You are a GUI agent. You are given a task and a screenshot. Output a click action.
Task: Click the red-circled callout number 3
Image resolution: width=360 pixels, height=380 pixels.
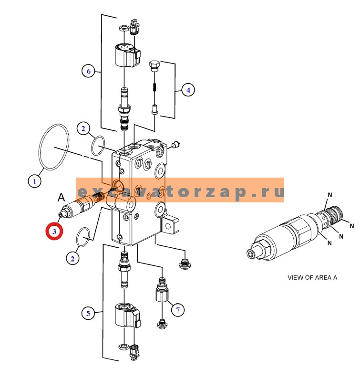pyautogui.click(x=54, y=232)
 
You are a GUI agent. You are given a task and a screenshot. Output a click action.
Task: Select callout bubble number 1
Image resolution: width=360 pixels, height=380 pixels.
pyautogui.click(x=34, y=181)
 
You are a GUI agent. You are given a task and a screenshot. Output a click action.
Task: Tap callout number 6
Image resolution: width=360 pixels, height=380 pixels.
pyautogui.click(x=88, y=71)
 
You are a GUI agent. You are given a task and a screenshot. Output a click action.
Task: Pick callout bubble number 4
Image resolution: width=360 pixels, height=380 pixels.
pyautogui.click(x=188, y=90)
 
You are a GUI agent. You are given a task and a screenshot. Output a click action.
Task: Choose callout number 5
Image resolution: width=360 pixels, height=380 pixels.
pyautogui.click(x=88, y=313)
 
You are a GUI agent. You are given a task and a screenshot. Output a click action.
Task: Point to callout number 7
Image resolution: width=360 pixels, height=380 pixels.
pyautogui.click(x=178, y=310)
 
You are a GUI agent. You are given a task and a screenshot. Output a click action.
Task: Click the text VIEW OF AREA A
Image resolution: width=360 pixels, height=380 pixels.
pyautogui.click(x=312, y=277)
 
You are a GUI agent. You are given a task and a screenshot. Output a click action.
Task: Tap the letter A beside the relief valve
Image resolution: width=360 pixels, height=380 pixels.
pyautogui.click(x=61, y=198)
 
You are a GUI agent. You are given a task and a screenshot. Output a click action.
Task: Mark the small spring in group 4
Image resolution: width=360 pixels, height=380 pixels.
pyautogui.click(x=154, y=87)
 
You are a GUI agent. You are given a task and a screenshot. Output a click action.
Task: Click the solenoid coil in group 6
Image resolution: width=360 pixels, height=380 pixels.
pyautogui.click(x=128, y=54)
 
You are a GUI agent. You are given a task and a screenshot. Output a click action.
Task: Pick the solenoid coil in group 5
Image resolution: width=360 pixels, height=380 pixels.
pyautogui.click(x=128, y=315)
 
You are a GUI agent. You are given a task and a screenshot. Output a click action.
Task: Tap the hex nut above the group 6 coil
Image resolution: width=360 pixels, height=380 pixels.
pyautogui.click(x=124, y=28)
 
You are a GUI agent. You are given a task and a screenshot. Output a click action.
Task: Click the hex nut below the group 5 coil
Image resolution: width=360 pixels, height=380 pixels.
pyautogui.click(x=123, y=346)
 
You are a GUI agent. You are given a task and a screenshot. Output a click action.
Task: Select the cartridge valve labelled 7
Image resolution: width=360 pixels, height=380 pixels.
pyautogui.click(x=162, y=289)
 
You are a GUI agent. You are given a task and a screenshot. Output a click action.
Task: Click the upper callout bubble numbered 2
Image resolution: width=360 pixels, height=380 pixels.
pyautogui.click(x=83, y=128)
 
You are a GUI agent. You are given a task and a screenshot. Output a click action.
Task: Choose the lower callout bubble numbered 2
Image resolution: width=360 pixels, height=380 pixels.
pyautogui.click(x=72, y=259)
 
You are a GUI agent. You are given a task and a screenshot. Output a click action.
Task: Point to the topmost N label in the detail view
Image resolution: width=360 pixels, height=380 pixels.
pyautogui.click(x=330, y=195)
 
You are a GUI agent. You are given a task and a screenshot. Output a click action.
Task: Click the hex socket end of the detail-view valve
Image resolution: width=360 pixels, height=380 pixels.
pyautogui.click(x=250, y=254)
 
